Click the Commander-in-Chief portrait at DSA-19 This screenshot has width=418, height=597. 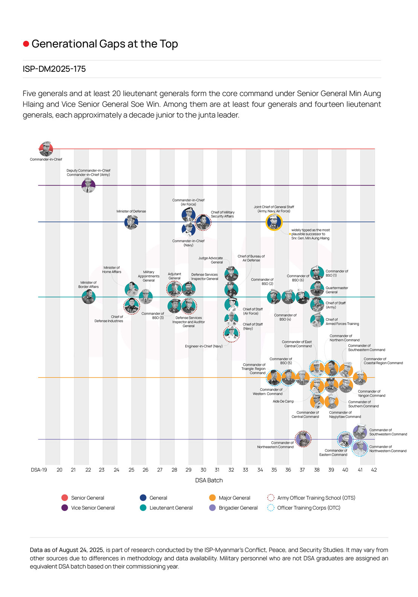[46, 149]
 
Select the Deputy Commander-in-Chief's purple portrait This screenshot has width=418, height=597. [88, 185]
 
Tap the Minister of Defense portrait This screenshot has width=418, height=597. [131, 222]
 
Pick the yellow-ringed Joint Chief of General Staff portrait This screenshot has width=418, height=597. [274, 222]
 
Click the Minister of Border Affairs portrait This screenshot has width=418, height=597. [88, 297]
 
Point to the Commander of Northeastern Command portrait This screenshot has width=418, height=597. [303, 439]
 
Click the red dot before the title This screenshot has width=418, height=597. [26, 44]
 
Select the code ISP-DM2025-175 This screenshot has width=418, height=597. [54, 69]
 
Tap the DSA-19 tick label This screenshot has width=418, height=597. [39, 470]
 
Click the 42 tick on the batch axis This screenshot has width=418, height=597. [374, 470]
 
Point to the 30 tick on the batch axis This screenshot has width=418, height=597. [203, 470]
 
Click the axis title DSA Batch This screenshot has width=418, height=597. [209, 480]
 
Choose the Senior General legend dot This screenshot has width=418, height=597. [64, 498]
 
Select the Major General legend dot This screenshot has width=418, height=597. [212, 498]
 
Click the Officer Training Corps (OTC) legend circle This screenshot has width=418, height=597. [270, 508]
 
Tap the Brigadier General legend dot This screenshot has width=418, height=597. [212, 508]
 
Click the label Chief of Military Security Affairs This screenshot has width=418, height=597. [223, 214]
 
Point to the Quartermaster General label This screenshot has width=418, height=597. [337, 290]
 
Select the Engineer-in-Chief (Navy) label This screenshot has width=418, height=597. [204, 346]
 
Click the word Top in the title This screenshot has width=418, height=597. [169, 44]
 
